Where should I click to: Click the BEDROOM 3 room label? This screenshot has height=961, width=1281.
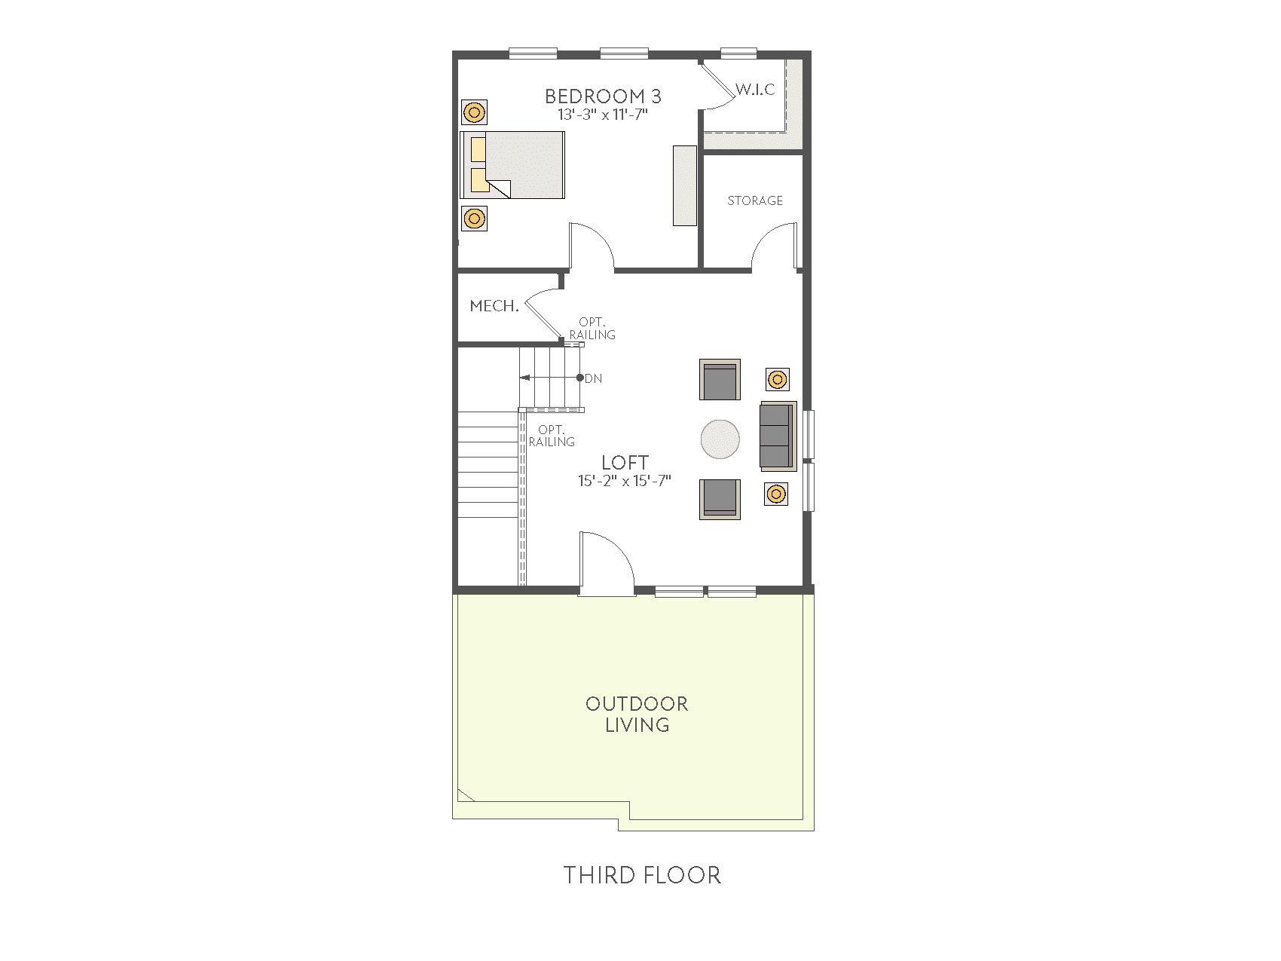point(603,96)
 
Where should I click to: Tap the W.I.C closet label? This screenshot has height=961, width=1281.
point(755,90)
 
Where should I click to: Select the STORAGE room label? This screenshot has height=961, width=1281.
point(755,200)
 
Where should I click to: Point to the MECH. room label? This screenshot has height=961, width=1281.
point(494,306)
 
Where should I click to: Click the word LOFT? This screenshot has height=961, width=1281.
point(625,463)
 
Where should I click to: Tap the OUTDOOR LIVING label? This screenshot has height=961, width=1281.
point(637,714)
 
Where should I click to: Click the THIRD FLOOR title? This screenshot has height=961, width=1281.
point(642,875)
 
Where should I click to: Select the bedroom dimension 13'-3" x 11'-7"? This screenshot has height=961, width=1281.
point(603,115)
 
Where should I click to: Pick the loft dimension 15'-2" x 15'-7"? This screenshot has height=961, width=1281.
point(625,481)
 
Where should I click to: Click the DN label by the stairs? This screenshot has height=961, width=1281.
point(594,378)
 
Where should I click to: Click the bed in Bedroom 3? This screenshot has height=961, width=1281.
point(512,165)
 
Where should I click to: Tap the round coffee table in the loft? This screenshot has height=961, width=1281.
point(720,439)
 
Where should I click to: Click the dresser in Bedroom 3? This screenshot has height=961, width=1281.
point(685,185)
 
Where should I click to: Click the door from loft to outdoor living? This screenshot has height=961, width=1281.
point(606,564)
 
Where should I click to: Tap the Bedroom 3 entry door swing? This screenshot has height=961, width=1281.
point(592,245)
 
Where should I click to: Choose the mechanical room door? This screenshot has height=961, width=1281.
point(543,315)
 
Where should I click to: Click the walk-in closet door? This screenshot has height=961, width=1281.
point(717,85)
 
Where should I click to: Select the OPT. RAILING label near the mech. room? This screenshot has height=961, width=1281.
point(592,329)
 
